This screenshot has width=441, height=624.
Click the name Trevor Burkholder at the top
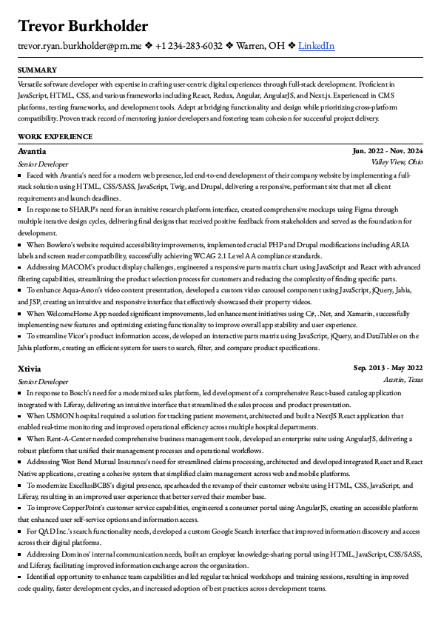tap(83, 27)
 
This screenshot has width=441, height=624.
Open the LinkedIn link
tap(316, 46)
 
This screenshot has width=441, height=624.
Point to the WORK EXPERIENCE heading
tap(55, 137)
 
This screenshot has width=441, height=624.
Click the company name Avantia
tap(32, 151)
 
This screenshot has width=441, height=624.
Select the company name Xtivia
tap(30, 368)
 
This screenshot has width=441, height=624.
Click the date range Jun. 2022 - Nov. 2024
tap(388, 151)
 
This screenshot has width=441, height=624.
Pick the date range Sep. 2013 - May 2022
tap(388, 368)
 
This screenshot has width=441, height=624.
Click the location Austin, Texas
tap(403, 379)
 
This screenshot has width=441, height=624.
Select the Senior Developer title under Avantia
tap(43, 164)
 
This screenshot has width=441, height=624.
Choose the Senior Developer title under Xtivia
tap(43, 381)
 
